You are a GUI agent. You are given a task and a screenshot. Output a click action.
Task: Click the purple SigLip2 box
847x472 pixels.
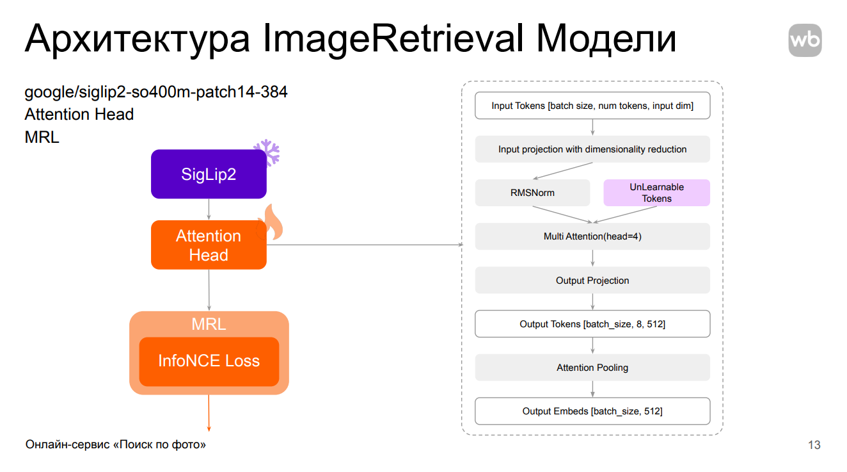pos(209,174)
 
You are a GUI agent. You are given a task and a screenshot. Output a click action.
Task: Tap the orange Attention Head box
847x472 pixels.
pos(209,245)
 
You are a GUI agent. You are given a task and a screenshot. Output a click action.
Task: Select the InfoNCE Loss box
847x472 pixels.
pos(209,361)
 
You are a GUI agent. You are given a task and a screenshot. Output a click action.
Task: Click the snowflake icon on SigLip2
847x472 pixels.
pos(266,153)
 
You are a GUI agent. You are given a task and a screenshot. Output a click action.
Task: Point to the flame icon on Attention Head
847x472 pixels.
pos(269,223)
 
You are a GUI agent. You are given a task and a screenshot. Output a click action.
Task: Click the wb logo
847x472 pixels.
pos(805,40)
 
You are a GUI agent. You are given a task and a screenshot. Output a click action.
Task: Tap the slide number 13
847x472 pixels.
pos(814,445)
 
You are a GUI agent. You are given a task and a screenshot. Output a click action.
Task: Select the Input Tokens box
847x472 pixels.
pos(592,106)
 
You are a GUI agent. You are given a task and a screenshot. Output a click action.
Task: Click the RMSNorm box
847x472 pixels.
pos(532,193)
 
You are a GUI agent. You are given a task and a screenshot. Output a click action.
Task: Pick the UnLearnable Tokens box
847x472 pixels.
pos(656,193)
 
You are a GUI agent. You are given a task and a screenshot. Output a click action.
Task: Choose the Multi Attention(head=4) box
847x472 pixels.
pos(592,236)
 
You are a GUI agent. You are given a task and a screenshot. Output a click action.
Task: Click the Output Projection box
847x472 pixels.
pos(592,281)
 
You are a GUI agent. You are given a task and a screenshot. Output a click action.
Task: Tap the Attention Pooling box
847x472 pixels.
pos(592,368)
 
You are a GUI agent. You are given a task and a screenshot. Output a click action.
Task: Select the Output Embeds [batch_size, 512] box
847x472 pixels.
pos(592,411)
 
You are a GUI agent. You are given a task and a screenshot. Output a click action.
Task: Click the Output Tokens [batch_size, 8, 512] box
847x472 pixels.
pos(592,324)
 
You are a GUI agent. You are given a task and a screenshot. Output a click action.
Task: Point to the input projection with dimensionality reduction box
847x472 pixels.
pos(592,149)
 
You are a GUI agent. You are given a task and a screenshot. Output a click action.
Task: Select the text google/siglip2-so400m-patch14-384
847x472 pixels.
pos(156,92)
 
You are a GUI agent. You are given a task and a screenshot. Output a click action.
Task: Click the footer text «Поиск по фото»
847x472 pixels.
pos(159,444)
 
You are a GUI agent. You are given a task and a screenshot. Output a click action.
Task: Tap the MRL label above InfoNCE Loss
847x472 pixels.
pos(209,324)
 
